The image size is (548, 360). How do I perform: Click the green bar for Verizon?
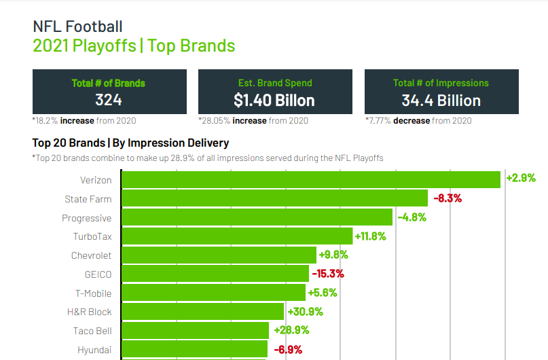click(x=310, y=179)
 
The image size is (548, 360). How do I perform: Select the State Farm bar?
click(x=274, y=198)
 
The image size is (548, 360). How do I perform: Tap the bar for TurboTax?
click(x=237, y=236)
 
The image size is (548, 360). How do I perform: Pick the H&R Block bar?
click(x=202, y=312)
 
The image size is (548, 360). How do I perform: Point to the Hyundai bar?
click(x=194, y=349)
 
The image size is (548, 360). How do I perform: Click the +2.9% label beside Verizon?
click(x=521, y=179)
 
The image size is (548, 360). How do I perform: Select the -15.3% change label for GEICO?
click(x=328, y=274)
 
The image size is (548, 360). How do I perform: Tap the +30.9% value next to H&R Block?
click(x=305, y=312)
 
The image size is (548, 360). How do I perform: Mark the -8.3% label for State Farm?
click(x=447, y=198)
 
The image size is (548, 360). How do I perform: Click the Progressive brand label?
click(x=86, y=218)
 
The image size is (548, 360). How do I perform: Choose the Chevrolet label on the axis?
click(x=91, y=255)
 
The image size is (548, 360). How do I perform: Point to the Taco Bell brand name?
click(x=92, y=331)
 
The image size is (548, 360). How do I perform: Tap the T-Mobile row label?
click(x=93, y=293)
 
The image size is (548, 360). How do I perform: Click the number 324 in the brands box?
click(x=109, y=101)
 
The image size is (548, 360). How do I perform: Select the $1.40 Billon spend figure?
click(x=274, y=101)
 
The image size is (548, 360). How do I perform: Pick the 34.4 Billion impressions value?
click(x=441, y=101)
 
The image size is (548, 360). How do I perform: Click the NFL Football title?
click(x=78, y=26)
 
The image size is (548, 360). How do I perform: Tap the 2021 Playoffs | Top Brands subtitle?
click(x=134, y=46)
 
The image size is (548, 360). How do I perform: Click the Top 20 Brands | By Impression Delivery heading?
click(x=130, y=143)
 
